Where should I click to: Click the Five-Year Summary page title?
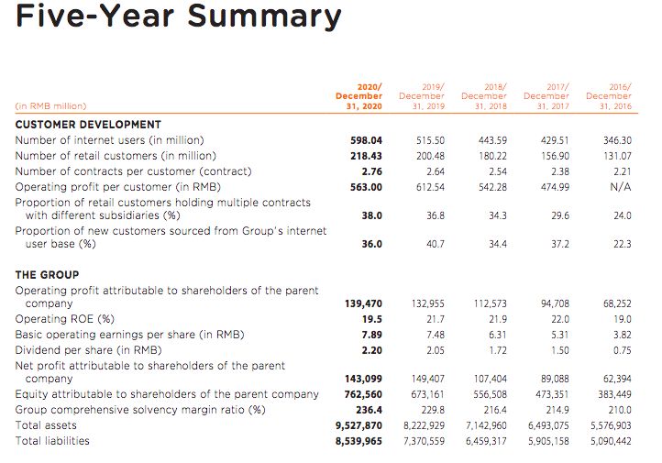pos(179,17)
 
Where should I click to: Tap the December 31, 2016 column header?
pos(608,95)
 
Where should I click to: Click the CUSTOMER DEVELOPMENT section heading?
pos(88,125)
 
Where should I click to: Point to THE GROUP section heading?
pos(47,275)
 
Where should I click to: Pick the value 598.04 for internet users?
pos(366,140)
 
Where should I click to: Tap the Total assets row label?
pos(46,425)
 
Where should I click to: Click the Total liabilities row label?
pos(52,441)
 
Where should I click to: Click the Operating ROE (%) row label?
pos(64,319)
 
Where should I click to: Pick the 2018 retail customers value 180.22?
pos(491,156)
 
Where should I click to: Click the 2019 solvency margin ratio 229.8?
pos(431,410)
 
